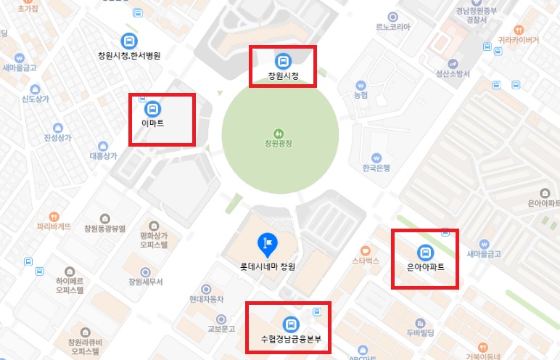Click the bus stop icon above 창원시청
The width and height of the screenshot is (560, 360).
click(282, 61)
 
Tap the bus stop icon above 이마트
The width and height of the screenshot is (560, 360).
click(153, 110)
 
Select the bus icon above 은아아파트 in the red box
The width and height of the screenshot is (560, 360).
click(425, 253)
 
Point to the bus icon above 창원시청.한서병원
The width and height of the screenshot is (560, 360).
click(129, 41)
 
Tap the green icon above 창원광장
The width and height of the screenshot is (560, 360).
click(279, 133)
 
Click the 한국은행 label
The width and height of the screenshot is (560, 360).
click(376, 168)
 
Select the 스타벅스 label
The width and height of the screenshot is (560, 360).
click(366, 259)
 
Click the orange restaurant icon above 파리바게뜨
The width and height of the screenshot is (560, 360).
click(54, 216)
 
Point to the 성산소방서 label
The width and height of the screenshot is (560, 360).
click(453, 74)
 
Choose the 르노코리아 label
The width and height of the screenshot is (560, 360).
click(393, 27)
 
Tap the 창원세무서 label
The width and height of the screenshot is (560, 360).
click(145, 282)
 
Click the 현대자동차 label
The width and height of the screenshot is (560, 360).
click(207, 299)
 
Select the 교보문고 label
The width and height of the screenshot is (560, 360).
click(221, 329)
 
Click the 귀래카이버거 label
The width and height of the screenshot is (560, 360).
click(518, 41)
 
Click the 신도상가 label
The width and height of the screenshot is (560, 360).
click(36, 99)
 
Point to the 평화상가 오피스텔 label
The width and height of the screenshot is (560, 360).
click(154, 240)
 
